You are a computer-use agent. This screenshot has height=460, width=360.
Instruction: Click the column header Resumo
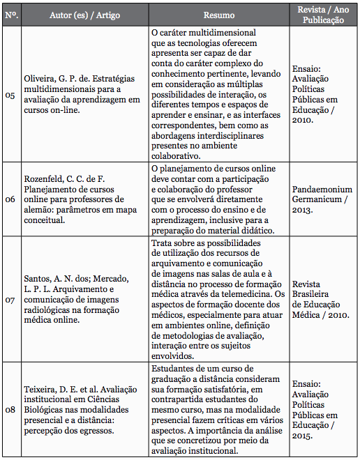219,15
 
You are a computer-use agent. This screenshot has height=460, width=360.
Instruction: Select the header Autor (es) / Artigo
80,15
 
